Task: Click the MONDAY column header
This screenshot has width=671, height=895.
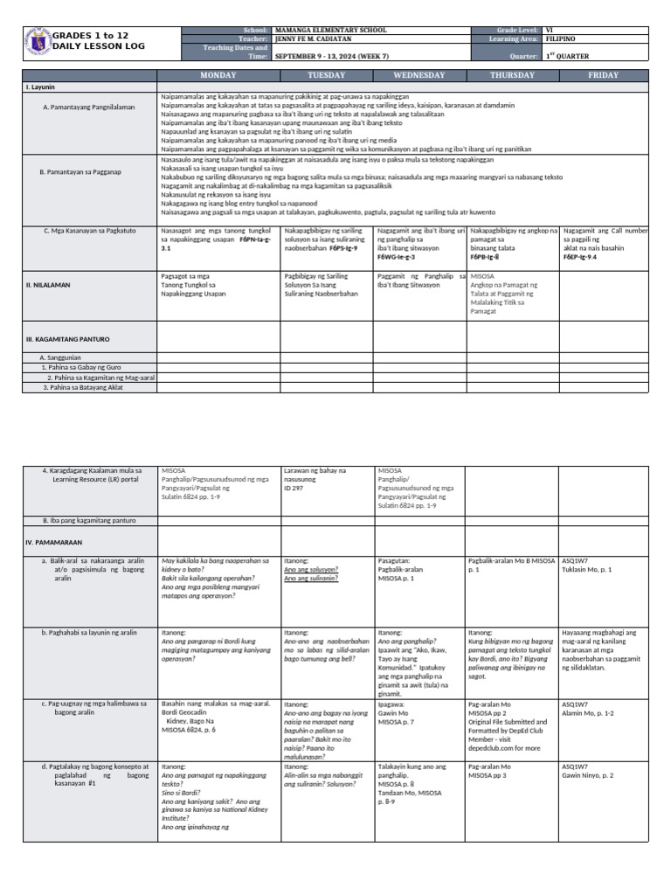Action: coord(218,76)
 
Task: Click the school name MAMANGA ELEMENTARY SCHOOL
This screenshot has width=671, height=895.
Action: coord(329,30)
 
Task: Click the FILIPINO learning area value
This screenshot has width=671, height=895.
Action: coord(559,39)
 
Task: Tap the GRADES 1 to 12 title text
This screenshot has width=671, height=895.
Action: coord(90,35)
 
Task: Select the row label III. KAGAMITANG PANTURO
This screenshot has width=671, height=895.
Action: coord(67,338)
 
